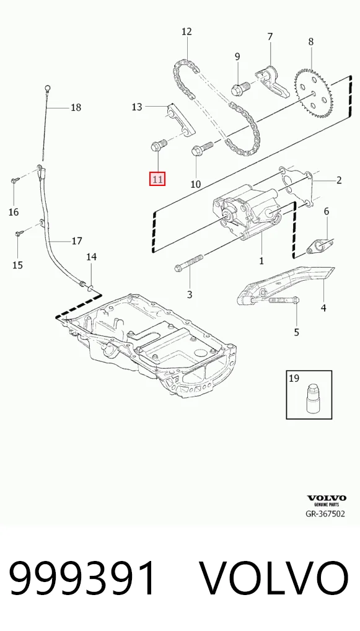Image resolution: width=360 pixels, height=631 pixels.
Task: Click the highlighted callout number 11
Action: coord(157,179)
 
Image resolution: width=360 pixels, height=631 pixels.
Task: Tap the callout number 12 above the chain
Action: coord(187,32)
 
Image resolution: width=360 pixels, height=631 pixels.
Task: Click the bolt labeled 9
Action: coord(240,88)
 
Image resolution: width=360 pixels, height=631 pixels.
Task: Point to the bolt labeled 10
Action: coord(203,149)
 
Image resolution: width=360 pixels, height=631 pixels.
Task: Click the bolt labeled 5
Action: coord(281,300)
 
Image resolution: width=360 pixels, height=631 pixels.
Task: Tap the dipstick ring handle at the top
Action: coord(48,87)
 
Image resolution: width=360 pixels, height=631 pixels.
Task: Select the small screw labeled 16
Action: coord(14,180)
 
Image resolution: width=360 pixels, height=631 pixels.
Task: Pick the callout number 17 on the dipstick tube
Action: coord(77,241)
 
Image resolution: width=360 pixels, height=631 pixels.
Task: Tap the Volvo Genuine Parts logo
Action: coord(327,501)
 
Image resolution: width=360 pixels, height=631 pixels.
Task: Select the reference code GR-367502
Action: coord(325,514)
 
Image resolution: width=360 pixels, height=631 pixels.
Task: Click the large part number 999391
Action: coord(82,578)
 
